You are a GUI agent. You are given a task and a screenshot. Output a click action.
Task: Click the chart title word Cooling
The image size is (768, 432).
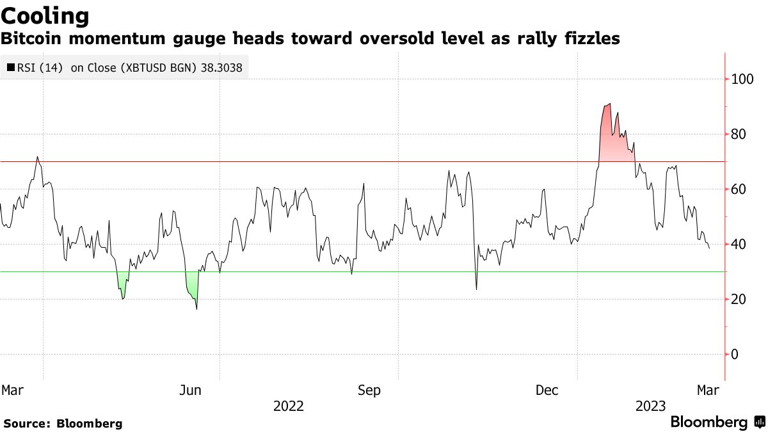click(x=45, y=15)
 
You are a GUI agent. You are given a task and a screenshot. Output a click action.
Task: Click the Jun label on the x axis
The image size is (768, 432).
click(x=191, y=390)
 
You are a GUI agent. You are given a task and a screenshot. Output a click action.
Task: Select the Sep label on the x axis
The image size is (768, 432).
click(x=369, y=390)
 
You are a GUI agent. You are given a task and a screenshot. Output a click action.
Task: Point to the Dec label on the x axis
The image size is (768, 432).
click(x=548, y=390)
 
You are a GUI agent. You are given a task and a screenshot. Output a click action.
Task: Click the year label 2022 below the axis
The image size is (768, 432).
click(x=289, y=406)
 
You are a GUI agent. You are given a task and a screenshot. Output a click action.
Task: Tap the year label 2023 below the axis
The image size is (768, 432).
click(x=650, y=406)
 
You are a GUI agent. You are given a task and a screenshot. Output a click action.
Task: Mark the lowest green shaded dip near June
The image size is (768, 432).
click(x=191, y=288)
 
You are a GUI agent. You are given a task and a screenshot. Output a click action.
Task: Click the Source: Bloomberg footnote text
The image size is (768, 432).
click(x=63, y=423)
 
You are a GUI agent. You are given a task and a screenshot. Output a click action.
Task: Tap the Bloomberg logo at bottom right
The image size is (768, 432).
click(x=717, y=422)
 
